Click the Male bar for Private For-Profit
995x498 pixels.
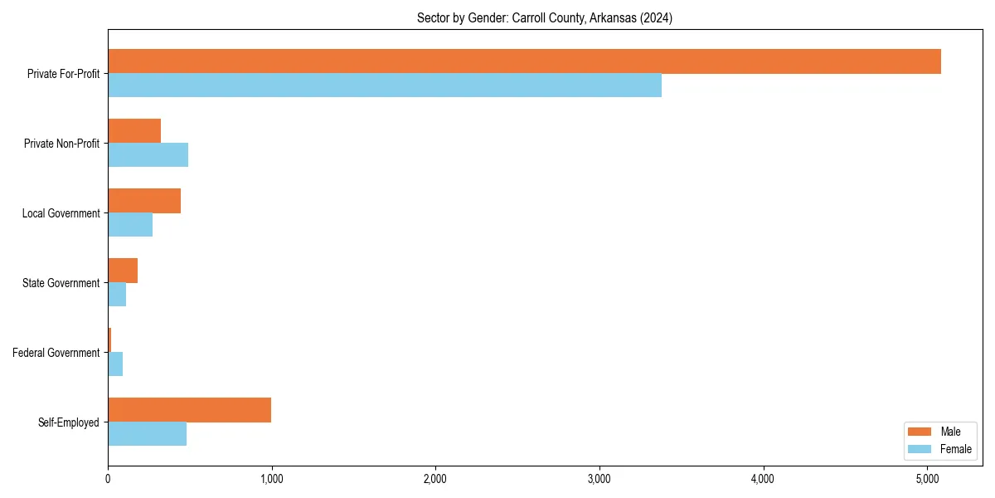click(524, 61)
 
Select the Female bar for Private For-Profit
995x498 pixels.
click(385, 85)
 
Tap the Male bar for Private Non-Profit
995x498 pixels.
click(134, 131)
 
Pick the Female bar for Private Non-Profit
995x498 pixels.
click(148, 155)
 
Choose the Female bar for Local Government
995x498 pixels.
click(130, 225)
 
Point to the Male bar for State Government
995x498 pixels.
click(123, 271)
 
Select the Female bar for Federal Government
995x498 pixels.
click(115, 364)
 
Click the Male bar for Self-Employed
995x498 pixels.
click(189, 410)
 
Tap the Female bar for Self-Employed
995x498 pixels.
click(147, 434)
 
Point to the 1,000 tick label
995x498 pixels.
click(271, 479)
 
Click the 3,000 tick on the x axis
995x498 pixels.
click(599, 479)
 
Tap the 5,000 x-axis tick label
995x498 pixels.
click(927, 479)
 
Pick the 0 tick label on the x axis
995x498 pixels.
click(108, 479)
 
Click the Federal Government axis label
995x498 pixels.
click(56, 353)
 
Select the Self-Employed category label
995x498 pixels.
click(68, 422)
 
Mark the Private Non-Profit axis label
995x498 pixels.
click(61, 144)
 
